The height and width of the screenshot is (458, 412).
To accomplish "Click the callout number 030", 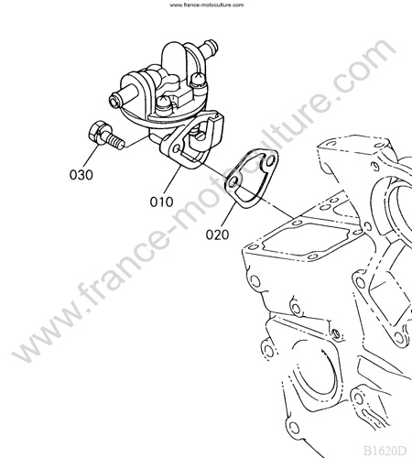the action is (81, 175).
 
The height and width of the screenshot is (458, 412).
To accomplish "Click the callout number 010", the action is (161, 202).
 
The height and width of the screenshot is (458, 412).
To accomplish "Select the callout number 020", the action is (217, 234).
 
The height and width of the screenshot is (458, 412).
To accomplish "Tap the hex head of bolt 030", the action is (96, 133).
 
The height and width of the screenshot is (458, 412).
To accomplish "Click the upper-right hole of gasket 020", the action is (270, 160).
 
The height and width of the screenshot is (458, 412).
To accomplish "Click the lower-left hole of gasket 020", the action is (233, 181).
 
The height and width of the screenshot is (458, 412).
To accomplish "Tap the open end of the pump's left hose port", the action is (114, 101).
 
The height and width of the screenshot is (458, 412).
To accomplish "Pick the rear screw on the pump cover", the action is (197, 81).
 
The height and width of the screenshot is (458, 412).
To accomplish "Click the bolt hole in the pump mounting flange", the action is (177, 149).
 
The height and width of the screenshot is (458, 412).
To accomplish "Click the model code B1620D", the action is (385, 451).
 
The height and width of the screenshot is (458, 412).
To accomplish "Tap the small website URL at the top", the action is (207, 5).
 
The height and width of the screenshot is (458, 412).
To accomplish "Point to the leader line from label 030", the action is (91, 157).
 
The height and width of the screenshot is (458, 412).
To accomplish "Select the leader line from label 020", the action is (228, 214).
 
